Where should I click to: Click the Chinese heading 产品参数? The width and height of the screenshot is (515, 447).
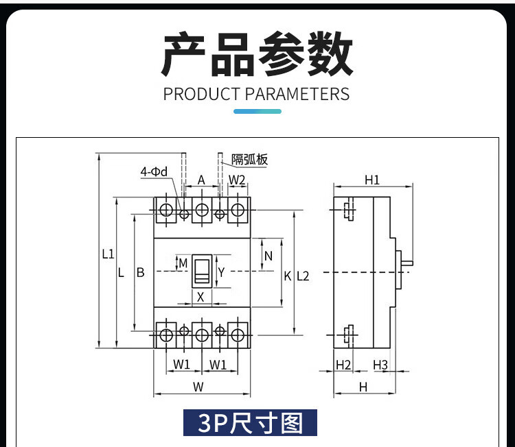pyautogui.click(x=257, y=54)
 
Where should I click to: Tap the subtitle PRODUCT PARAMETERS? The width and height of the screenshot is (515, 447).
pyautogui.click(x=257, y=94)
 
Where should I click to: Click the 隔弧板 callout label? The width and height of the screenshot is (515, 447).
pyautogui.click(x=249, y=160)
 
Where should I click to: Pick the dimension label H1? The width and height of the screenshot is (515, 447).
pyautogui.click(x=372, y=180)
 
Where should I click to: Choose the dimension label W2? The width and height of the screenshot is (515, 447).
pyautogui.click(x=237, y=180)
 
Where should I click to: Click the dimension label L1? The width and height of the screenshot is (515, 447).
pyautogui.click(x=108, y=254)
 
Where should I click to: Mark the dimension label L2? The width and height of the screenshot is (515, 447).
pyautogui.click(x=302, y=276)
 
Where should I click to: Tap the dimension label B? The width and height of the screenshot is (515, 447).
pyautogui.click(x=140, y=273)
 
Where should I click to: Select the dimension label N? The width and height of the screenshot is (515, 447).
pyautogui.click(x=268, y=256)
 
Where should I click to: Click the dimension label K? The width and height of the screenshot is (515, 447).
pyautogui.click(x=288, y=276)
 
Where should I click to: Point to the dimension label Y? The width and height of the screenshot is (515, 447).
pyautogui.click(x=221, y=272)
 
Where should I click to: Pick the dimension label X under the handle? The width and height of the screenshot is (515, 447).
pyautogui.click(x=201, y=297)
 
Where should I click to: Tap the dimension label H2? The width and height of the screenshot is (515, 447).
pyautogui.click(x=343, y=365)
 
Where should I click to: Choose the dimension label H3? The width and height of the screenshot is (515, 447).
pyautogui.click(x=381, y=365)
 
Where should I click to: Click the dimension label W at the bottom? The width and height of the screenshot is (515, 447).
pyautogui.click(x=198, y=387)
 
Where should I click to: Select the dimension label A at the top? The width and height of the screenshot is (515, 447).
pyautogui.click(x=201, y=180)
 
